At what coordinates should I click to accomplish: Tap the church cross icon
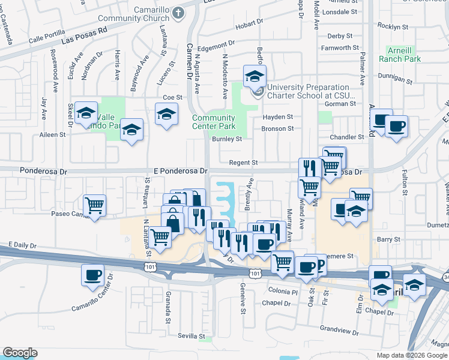[178, 12]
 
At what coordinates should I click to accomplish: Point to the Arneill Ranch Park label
[400, 54]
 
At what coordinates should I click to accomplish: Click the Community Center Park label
[214, 122]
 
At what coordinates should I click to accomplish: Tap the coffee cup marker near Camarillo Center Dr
[93, 275]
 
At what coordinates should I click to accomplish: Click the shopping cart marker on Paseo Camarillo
[95, 205]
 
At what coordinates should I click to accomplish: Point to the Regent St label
[246, 163]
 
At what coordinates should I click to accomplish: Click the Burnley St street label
[227, 139]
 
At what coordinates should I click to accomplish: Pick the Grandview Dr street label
[339, 329]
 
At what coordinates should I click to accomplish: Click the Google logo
[20, 353]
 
